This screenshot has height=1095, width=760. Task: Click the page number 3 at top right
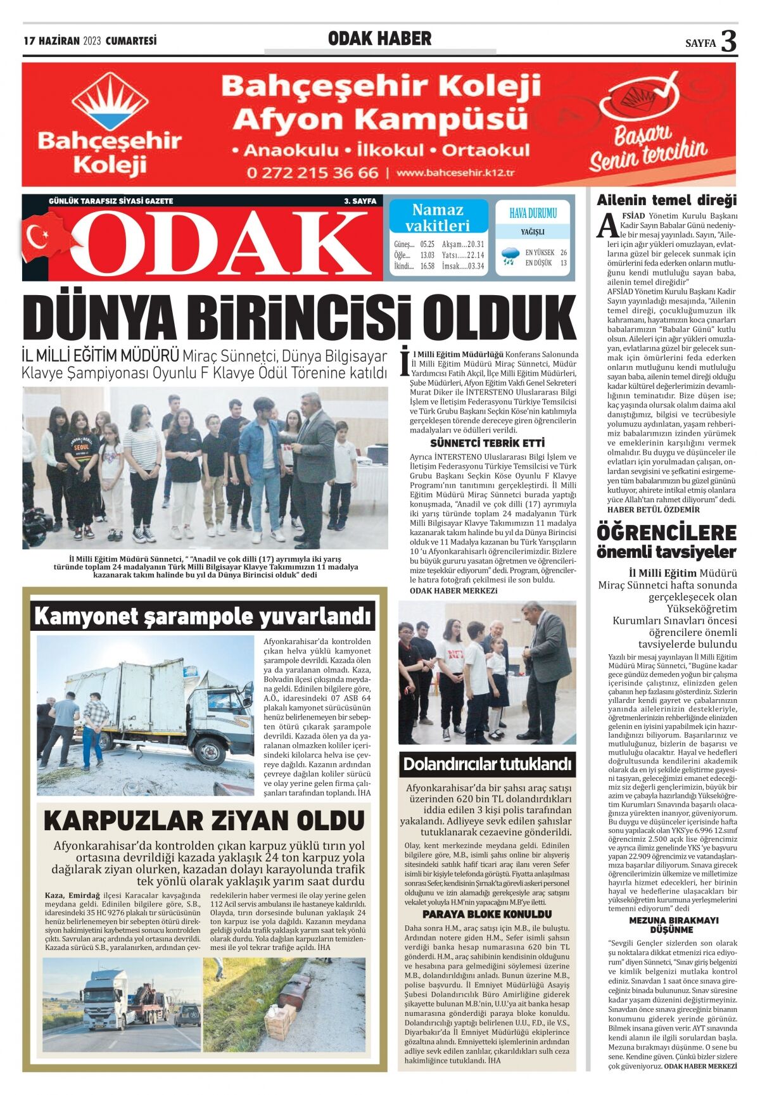coord(729,41)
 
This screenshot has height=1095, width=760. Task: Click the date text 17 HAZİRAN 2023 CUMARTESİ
coord(90,41)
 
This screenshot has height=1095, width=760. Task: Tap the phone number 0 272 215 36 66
coord(312,172)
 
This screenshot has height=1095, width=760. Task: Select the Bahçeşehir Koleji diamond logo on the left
coord(110,101)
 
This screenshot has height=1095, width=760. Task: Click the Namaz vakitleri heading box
coord(438,217)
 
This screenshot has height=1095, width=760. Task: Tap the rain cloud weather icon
coord(510,256)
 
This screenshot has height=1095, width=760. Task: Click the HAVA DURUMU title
coord(533,213)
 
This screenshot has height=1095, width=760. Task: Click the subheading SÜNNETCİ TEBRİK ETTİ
coord(487,443)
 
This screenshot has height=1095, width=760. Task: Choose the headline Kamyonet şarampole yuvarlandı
coord(202,616)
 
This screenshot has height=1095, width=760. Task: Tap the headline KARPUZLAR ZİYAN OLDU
coord(204,821)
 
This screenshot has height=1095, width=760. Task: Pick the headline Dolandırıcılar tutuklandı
coord(487,764)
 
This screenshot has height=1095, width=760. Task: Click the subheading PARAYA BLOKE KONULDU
coord(487,914)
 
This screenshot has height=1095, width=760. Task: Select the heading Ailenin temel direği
coord(667,201)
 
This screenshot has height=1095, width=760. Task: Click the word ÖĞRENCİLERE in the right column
coord(667,532)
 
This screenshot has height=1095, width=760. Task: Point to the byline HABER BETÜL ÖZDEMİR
coord(654,509)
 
